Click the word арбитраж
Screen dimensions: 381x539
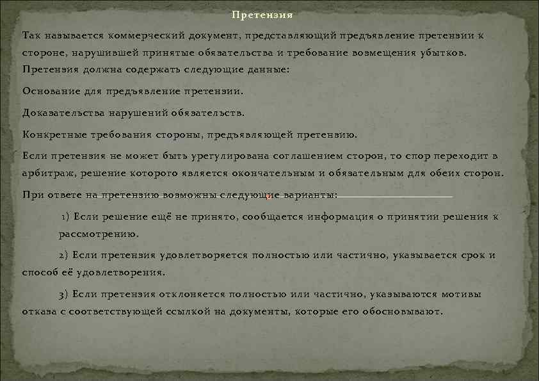click(x=47, y=174)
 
